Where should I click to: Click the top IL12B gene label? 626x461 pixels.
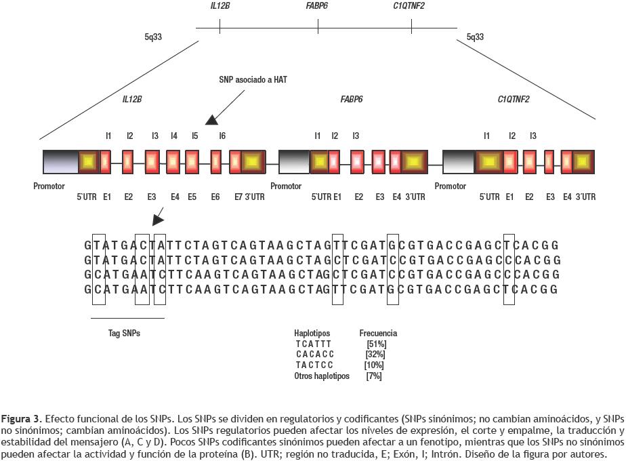(x=220, y=7)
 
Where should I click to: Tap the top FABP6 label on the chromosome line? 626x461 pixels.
(x=318, y=7)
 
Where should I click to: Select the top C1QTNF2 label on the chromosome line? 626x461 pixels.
(x=409, y=7)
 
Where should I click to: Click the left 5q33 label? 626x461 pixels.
(x=153, y=37)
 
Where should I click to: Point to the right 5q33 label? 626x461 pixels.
(x=476, y=37)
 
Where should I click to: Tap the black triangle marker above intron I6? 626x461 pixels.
(x=212, y=120)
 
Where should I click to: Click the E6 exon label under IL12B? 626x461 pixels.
(x=215, y=197)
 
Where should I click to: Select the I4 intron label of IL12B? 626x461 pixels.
(x=174, y=136)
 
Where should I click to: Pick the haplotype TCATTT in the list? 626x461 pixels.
(x=314, y=344)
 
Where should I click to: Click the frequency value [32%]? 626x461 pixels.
(x=375, y=355)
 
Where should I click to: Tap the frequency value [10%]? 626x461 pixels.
(x=374, y=365)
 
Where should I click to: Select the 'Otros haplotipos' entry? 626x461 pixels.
(x=322, y=376)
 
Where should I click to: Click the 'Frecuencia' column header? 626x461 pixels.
(x=378, y=333)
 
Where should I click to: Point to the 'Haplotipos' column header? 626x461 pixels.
(x=312, y=333)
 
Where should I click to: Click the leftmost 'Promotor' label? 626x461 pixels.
(x=49, y=186)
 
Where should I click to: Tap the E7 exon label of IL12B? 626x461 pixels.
(x=238, y=197)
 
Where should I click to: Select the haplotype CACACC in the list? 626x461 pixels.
(x=315, y=355)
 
